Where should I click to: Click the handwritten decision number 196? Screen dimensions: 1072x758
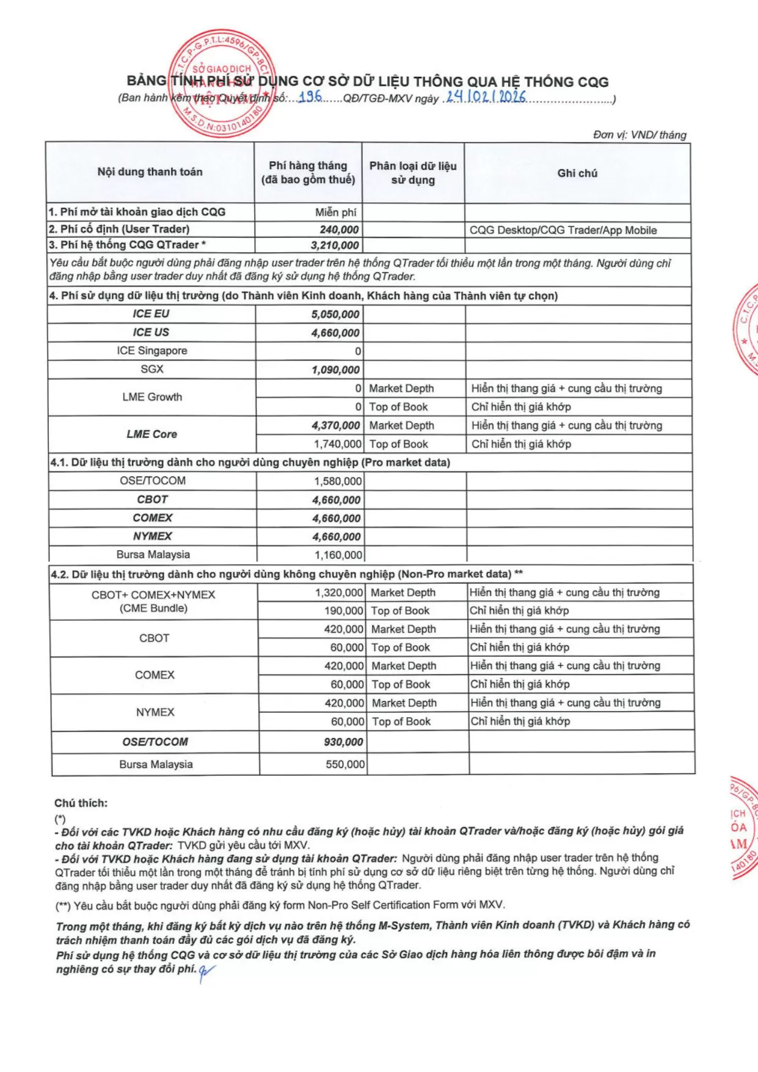click(310, 97)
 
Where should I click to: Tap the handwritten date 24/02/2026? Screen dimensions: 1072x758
click(486, 97)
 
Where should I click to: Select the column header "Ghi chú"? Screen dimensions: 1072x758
click(577, 173)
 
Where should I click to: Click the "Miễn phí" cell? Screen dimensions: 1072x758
click(336, 213)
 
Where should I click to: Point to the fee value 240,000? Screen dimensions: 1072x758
click(339, 230)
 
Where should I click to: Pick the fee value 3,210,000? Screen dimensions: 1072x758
click(335, 246)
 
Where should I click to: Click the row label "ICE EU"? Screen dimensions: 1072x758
click(151, 314)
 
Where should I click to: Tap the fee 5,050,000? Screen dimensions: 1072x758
click(335, 315)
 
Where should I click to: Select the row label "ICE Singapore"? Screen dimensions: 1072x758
click(152, 351)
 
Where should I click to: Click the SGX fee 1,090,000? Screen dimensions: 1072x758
click(335, 370)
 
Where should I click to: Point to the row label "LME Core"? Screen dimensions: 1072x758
click(152, 434)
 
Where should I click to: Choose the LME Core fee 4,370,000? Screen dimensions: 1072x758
click(336, 426)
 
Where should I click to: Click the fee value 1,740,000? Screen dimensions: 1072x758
click(338, 444)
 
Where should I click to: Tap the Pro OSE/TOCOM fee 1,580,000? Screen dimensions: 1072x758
click(338, 481)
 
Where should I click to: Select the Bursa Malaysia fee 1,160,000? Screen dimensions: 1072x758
click(338, 555)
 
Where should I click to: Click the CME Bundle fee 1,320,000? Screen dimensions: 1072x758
click(339, 593)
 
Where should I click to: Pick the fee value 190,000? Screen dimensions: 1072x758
click(344, 611)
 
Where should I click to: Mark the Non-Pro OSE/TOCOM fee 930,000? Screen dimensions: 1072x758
click(343, 742)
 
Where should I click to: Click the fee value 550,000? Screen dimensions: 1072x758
click(345, 764)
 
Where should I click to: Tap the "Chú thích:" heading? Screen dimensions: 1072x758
click(81, 803)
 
